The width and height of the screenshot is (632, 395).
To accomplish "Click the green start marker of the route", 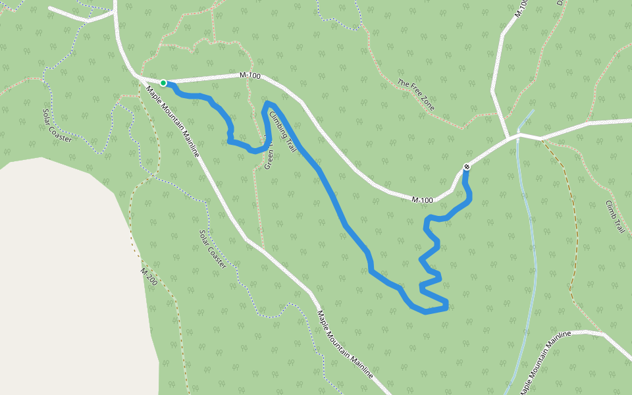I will (163, 83).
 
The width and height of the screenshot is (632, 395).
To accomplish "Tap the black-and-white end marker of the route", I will (467, 167).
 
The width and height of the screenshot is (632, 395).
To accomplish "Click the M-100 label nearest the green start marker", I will (251, 76).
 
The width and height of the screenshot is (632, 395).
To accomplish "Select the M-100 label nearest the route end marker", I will (423, 199).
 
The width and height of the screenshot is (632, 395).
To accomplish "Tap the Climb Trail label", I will (614, 217).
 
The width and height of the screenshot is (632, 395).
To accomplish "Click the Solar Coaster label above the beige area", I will (57, 125).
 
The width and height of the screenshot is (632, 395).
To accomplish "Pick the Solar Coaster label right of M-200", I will (213, 249).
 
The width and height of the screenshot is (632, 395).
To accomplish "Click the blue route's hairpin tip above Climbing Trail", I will (268, 104).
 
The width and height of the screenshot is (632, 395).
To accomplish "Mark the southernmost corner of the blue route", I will (426, 311).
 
